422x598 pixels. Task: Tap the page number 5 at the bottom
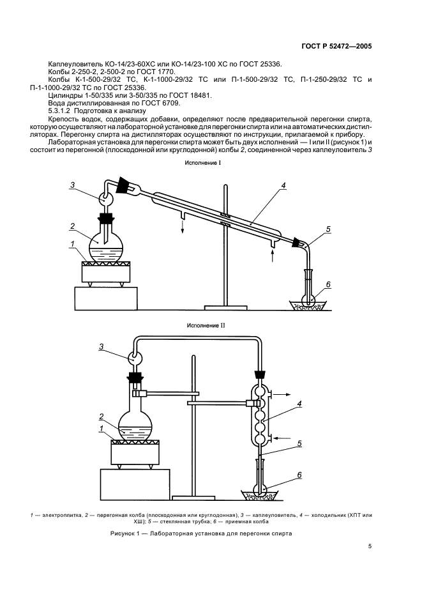pos(370,546)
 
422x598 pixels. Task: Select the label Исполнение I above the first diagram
pos(202,164)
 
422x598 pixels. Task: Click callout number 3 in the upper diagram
pos(73,185)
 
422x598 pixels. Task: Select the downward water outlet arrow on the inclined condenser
pos(182,229)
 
